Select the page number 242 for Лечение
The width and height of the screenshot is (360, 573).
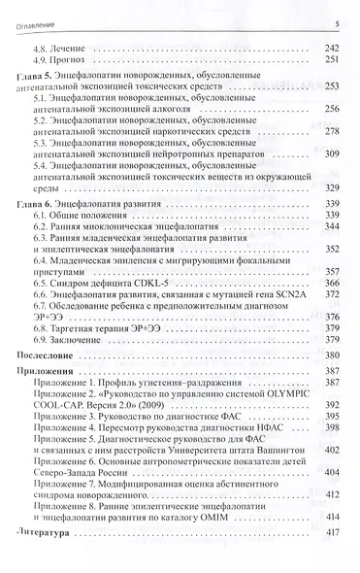click(x=330, y=46)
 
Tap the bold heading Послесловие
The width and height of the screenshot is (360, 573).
click(x=49, y=357)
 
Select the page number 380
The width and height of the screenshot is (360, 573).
click(x=330, y=357)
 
